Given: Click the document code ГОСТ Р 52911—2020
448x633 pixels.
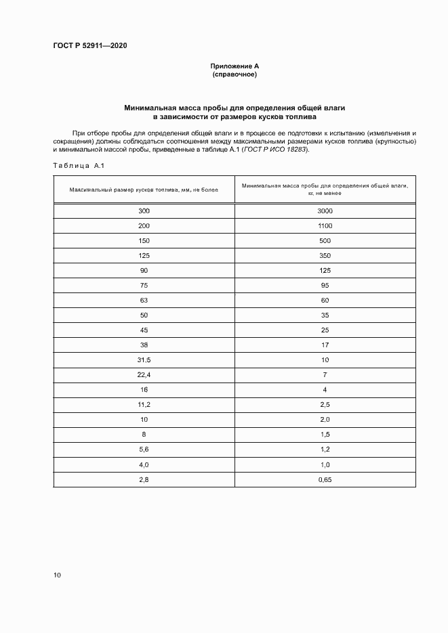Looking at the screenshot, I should [x=89, y=46].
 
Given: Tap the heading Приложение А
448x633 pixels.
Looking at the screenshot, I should [x=235, y=66].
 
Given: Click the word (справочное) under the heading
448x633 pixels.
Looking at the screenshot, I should [x=235, y=74].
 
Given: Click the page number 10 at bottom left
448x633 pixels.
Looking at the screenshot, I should [x=57, y=575].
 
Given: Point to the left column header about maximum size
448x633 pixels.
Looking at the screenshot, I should [x=144, y=189].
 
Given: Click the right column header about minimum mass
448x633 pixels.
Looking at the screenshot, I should [x=325, y=189].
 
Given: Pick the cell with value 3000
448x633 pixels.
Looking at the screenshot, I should [x=325, y=211].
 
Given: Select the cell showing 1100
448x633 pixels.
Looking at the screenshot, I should [x=325, y=225].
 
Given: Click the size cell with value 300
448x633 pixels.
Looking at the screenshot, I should [x=144, y=211].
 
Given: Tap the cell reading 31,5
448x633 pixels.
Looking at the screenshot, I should [x=144, y=359].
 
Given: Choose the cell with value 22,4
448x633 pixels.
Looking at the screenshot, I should [x=144, y=374].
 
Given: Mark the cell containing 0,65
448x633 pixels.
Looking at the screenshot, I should [x=325, y=479].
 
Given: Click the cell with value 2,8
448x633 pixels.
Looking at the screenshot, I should [x=144, y=479].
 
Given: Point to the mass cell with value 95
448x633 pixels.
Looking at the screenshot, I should [x=325, y=285].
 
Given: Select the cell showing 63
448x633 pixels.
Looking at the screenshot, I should [x=144, y=300].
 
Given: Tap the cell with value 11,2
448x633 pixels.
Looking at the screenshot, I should [x=144, y=405].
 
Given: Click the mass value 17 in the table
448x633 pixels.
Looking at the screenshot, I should [x=325, y=345].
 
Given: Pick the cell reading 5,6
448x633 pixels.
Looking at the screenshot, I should [x=144, y=450].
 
